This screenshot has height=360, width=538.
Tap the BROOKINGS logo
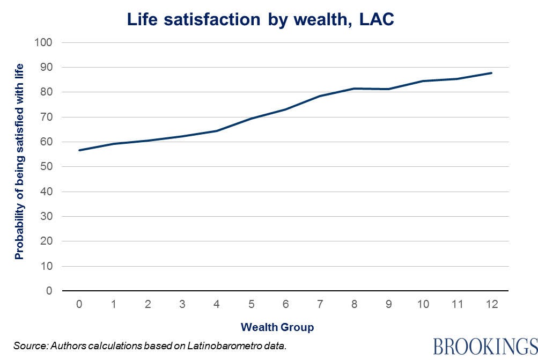coord(484,346)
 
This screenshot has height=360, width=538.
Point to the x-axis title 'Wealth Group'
coord(277,327)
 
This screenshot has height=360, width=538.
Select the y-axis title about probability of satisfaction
coord(20,161)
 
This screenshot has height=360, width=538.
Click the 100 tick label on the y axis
coord(45,42)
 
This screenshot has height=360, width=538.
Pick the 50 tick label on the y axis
coord(48,167)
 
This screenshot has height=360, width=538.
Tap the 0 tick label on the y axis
coord(50,291)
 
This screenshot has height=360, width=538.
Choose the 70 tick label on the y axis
coord(48,117)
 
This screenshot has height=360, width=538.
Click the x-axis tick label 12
coord(491,304)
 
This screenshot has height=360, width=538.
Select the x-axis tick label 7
coord(320,304)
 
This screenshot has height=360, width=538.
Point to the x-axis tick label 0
coord(79,304)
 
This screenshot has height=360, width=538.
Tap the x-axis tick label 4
coord(217,304)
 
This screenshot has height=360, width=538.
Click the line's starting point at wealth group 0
coord(79,150)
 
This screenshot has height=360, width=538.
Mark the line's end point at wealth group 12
coord(491,73)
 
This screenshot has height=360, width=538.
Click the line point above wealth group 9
coord(388,89)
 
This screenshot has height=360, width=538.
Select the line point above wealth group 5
coord(251,119)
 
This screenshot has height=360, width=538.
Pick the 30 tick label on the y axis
coord(48,217)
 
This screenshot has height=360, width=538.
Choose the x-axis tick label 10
coord(423,304)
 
